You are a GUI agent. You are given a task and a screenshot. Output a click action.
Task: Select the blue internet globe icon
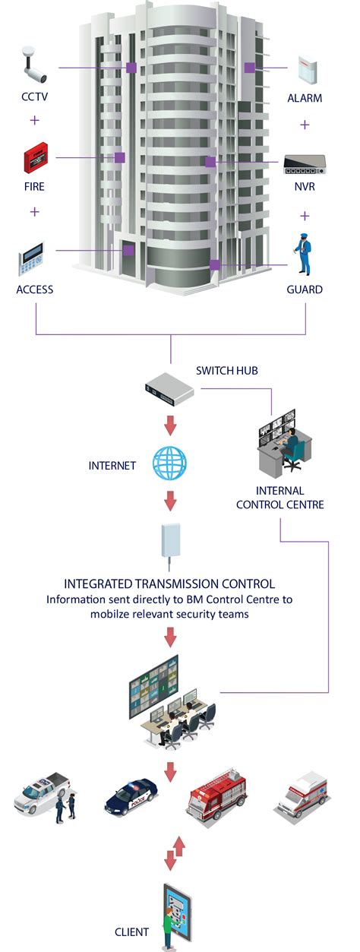pyautogui.click(x=169, y=463)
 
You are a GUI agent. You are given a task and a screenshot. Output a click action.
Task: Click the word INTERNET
pyautogui.click(x=112, y=464)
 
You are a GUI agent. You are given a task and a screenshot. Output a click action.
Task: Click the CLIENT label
pyautogui.click(x=131, y=931)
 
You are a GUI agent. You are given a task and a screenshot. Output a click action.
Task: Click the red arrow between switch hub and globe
pyautogui.click(x=169, y=423)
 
